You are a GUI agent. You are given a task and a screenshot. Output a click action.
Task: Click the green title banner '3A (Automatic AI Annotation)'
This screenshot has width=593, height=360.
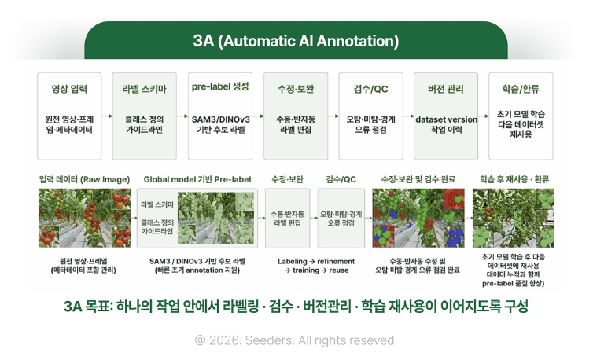(x=296, y=40)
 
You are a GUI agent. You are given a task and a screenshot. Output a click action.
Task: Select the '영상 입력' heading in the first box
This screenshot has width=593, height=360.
(x=69, y=89)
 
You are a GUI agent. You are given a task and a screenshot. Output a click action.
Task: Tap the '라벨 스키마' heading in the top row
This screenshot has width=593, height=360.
(x=144, y=89)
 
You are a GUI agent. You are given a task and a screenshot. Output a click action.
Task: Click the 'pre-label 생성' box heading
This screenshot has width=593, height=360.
(x=220, y=86)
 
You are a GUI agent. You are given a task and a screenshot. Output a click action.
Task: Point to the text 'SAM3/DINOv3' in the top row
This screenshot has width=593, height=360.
(x=220, y=119)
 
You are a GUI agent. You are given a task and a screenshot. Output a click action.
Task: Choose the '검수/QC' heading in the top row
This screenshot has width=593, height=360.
(x=370, y=89)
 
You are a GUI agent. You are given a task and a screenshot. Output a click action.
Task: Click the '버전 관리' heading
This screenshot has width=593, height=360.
(x=445, y=89)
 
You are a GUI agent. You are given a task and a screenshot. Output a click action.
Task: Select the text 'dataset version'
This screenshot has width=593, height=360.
(x=446, y=119)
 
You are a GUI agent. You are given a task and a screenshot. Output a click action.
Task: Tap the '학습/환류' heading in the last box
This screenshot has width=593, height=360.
(x=521, y=89)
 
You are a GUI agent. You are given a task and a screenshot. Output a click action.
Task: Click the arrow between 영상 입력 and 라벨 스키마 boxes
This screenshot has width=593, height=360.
(x=107, y=116)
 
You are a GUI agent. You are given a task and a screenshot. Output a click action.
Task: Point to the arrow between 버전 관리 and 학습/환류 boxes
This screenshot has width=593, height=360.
(x=484, y=116)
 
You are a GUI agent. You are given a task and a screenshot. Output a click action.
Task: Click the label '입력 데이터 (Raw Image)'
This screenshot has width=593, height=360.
(x=84, y=179)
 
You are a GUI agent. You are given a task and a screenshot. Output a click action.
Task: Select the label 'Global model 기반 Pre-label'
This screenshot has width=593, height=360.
(x=197, y=179)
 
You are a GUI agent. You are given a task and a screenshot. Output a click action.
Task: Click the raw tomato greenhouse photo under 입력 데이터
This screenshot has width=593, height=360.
(x=85, y=219)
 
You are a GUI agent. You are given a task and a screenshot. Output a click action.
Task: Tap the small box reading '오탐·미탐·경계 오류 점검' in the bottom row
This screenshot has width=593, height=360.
(x=341, y=219)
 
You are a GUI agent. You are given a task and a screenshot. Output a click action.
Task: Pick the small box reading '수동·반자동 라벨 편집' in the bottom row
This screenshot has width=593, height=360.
(x=287, y=219)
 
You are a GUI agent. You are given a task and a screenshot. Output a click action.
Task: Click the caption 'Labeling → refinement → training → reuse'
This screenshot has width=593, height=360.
(x=316, y=266)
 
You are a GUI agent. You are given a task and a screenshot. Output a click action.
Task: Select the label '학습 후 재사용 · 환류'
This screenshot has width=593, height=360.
(x=514, y=179)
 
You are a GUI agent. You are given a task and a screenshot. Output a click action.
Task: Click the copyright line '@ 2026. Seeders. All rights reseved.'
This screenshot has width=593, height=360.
(x=296, y=340)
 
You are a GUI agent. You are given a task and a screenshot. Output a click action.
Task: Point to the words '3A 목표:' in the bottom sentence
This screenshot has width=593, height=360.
(x=89, y=307)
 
